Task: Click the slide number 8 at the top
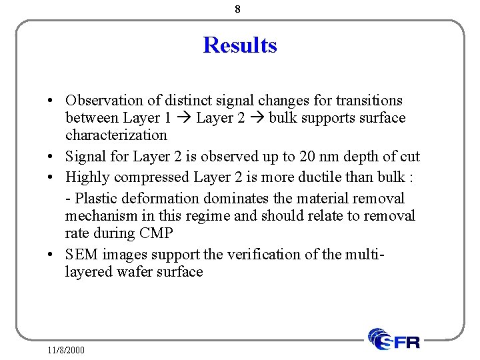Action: (238, 9)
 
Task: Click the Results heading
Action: (240, 45)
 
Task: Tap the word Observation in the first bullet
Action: (104, 101)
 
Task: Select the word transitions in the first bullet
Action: (369, 101)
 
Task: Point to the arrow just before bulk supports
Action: (257, 119)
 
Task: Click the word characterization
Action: (116, 135)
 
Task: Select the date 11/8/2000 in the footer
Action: (67, 349)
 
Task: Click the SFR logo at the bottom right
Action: (395, 339)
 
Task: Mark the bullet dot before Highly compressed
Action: (51, 178)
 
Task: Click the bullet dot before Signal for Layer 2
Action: (51, 157)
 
